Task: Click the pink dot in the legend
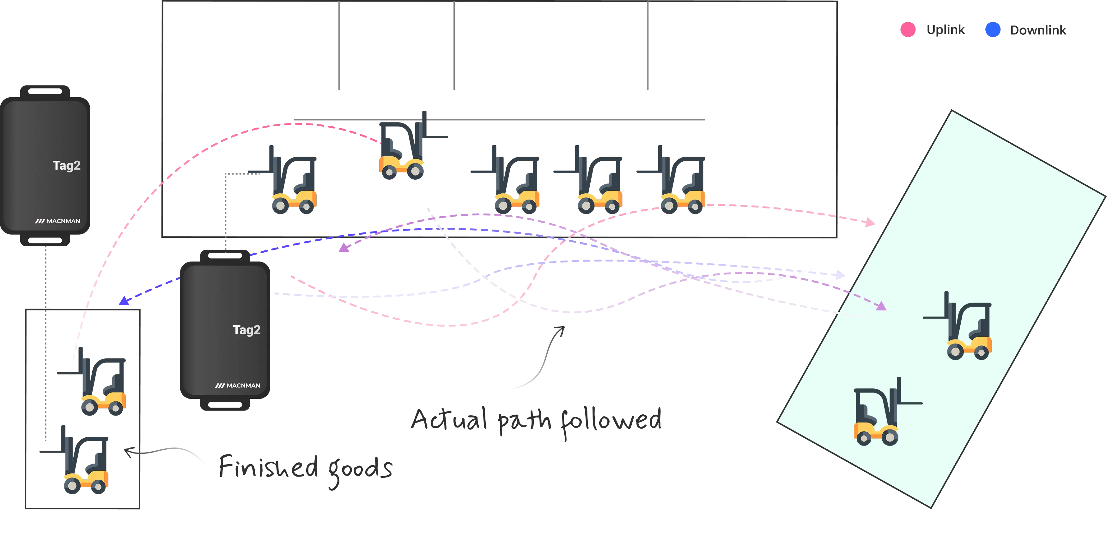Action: pyautogui.click(x=908, y=29)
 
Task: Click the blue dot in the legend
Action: pyautogui.click(x=992, y=29)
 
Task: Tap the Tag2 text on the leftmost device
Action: pyautogui.click(x=67, y=166)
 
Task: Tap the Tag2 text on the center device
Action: pyautogui.click(x=246, y=330)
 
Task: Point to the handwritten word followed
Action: pyautogui.click(x=610, y=421)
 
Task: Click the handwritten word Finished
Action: pyautogui.click(x=269, y=466)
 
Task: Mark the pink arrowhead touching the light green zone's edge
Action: pyautogui.click(x=870, y=222)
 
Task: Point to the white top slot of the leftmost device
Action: pyautogui.click(x=45, y=91)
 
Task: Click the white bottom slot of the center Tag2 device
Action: pyautogui.click(x=225, y=405)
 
